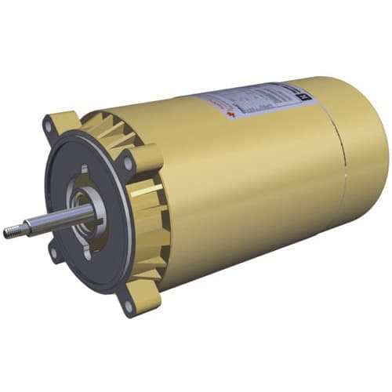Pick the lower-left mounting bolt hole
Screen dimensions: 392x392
53,252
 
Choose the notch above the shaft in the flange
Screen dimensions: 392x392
84,169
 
